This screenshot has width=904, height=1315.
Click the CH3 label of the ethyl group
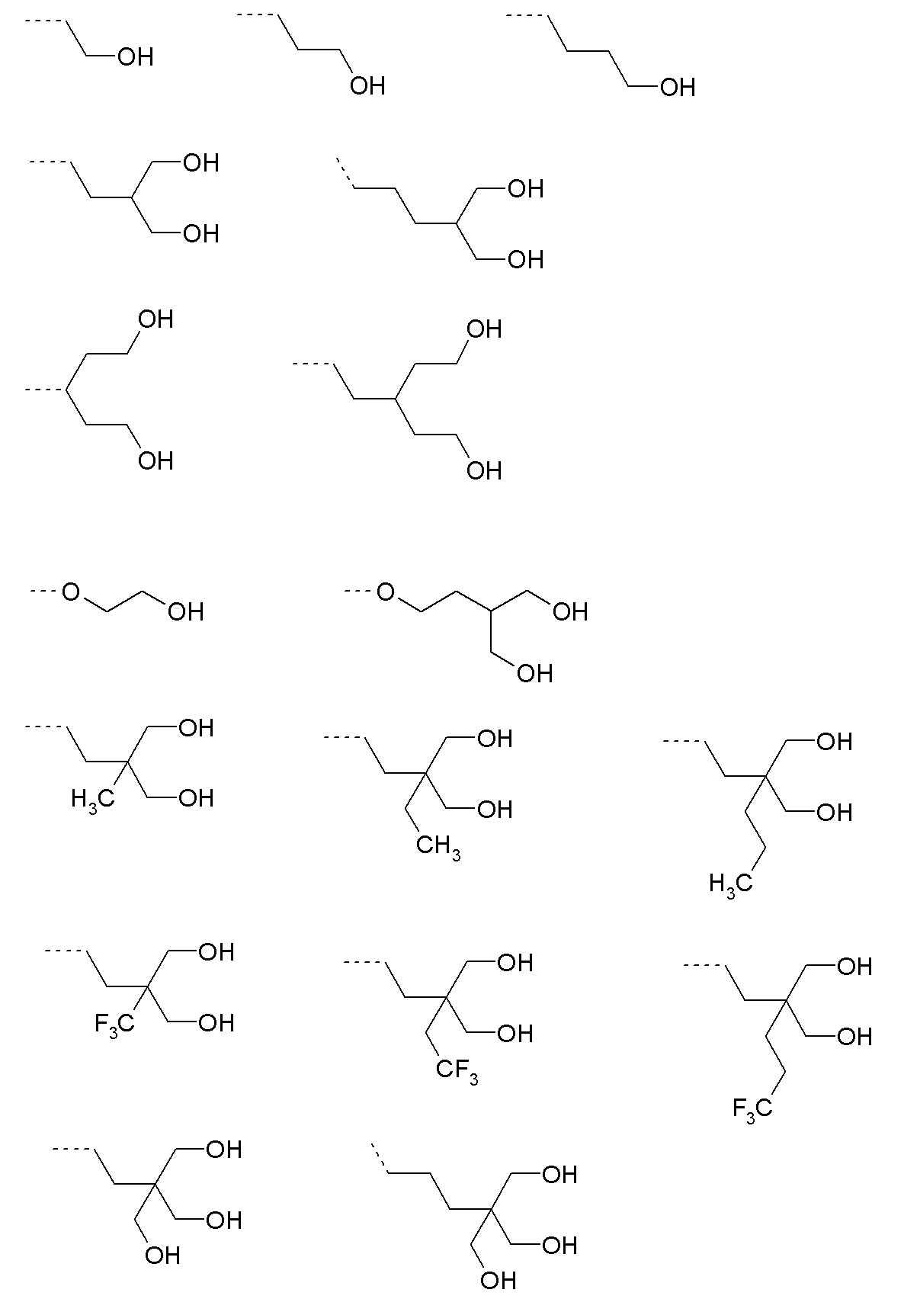pyautogui.click(x=438, y=846)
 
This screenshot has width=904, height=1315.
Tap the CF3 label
pyautogui.click(x=457, y=1070)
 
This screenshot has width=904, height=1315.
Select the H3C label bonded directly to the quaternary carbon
pyautogui.click(x=92, y=800)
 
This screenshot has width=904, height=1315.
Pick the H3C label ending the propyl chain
pyautogui.click(x=731, y=884)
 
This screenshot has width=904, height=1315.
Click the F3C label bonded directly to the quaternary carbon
pyautogui.click(x=114, y=1024)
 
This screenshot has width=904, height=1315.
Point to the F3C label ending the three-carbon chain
pyautogui.click(x=752, y=1108)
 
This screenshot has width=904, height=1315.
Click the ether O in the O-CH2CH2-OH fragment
pyautogui.click(x=71, y=592)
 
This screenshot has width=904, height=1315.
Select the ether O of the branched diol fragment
pyautogui.click(x=386, y=592)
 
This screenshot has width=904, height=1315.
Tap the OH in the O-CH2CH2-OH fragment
pyautogui.click(x=185, y=611)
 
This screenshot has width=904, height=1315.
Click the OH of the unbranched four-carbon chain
pyautogui.click(x=678, y=88)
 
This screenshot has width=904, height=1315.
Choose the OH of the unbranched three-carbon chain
pyautogui.click(x=367, y=86)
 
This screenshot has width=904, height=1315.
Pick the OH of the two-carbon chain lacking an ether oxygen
pyautogui.click(x=136, y=57)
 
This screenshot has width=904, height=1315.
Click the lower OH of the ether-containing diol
pyautogui.click(x=534, y=673)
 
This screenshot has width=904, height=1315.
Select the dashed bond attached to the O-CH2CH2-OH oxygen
pyautogui.click(x=44, y=591)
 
